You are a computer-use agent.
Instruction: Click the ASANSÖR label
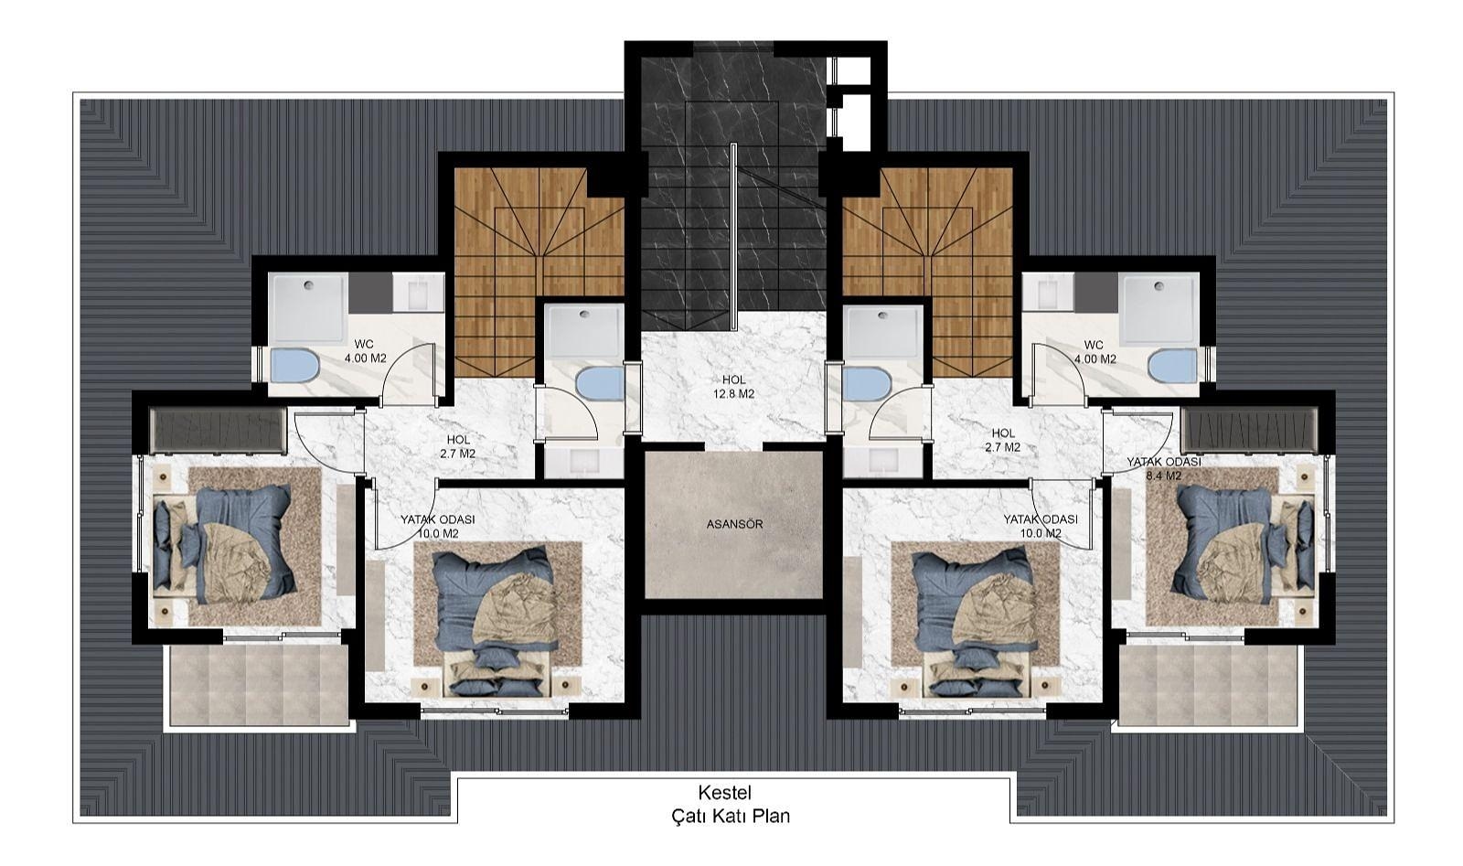[x=734, y=524]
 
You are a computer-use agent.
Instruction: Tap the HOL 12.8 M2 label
[x=734, y=387]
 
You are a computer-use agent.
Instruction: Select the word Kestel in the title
[x=725, y=793]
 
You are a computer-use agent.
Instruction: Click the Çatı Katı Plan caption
[x=731, y=816]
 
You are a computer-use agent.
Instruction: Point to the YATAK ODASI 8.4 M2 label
[x=1164, y=469]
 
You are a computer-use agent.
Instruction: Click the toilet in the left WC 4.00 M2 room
[x=294, y=366]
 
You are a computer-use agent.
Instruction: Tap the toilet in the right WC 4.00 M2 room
[x=1171, y=366]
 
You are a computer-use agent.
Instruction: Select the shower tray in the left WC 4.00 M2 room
[x=309, y=307]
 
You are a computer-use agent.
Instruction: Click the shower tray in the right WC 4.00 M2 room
[x=1159, y=307]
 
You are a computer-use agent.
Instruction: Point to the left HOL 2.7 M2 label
[x=458, y=446]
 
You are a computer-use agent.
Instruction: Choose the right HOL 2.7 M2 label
[x=1003, y=440]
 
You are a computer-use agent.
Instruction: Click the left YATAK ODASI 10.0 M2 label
[x=438, y=527]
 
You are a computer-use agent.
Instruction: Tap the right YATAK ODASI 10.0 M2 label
[x=1040, y=527]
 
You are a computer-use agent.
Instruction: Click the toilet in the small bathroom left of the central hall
[x=601, y=383]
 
